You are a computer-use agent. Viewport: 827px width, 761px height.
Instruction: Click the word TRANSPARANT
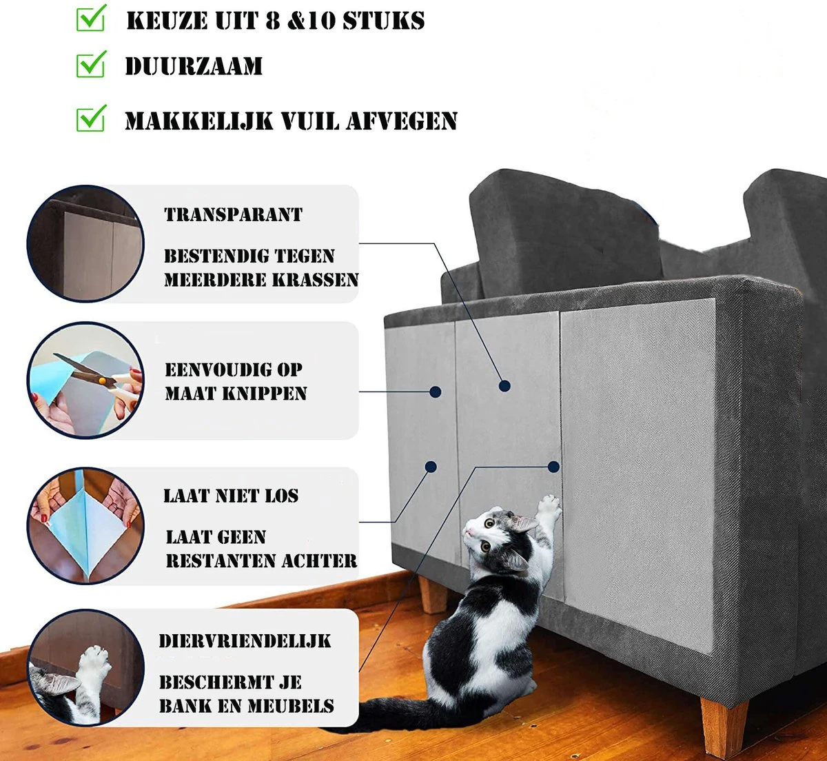pyautogui.click(x=233, y=214)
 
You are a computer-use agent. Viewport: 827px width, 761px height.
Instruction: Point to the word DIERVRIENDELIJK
pyautogui.click(x=245, y=641)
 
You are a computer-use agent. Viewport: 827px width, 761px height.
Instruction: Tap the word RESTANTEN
pyautogui.click(x=215, y=560)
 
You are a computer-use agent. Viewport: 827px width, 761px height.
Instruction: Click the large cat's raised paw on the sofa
pyautogui.click(x=549, y=507)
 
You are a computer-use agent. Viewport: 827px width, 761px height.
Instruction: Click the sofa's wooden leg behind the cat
pyautogui.click(x=433, y=594)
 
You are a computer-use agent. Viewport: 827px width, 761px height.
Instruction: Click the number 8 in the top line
pyautogui.click(x=274, y=21)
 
